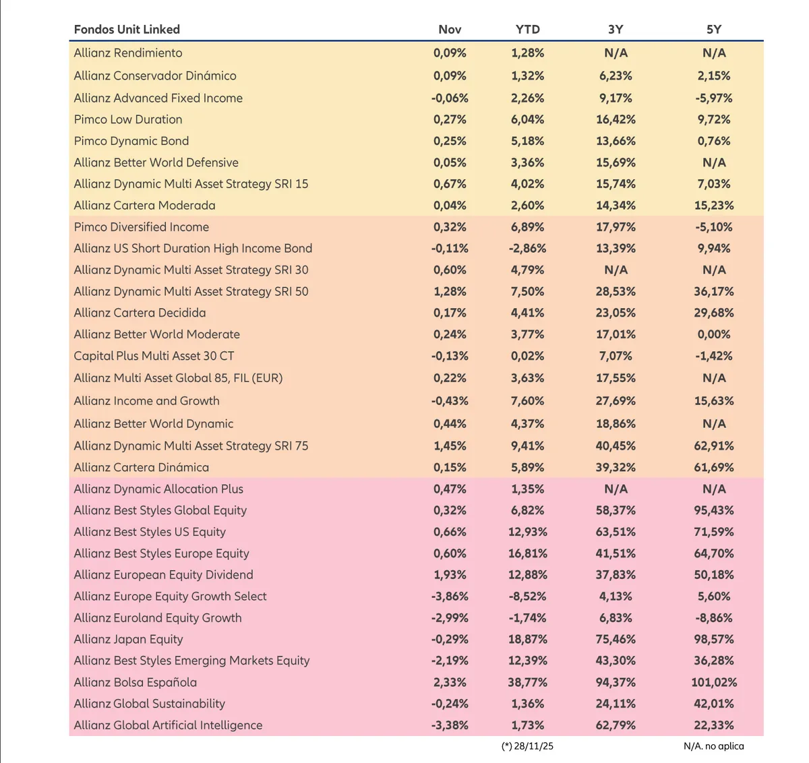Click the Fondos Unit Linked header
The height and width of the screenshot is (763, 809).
tap(127, 30)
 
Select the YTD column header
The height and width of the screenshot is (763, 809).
tap(527, 30)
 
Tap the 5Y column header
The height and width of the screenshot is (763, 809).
tap(714, 30)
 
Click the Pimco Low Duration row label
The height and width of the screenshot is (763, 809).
tap(128, 119)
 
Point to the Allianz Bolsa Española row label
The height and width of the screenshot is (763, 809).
tap(136, 682)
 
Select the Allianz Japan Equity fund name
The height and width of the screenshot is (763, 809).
tap(128, 639)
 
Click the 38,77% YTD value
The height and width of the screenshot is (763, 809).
tap(527, 682)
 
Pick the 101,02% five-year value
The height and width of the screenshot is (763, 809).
tap(714, 682)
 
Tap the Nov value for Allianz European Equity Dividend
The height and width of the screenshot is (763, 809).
tap(450, 575)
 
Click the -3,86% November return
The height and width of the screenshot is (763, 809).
tap(450, 597)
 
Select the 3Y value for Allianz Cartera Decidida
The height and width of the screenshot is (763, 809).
tap(616, 313)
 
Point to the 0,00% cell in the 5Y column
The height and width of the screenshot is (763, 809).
tap(714, 334)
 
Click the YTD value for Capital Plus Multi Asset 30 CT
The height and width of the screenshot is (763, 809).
tap(527, 356)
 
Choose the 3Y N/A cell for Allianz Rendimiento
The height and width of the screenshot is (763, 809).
tap(616, 53)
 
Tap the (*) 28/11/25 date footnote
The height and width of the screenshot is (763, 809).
tap(527, 746)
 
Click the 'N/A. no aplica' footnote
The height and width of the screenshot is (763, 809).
tap(714, 746)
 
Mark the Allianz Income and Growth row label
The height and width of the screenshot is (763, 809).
tap(146, 401)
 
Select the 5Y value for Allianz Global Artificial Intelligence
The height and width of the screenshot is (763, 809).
tap(714, 725)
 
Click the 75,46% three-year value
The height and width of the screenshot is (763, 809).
tap(616, 639)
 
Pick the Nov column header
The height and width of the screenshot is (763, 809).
tap(450, 30)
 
